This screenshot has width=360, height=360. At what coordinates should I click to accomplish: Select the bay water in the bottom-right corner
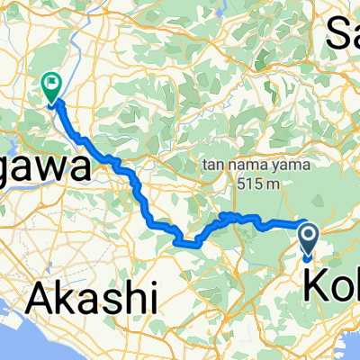point(346,346)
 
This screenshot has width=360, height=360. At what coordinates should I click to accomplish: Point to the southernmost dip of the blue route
point(191,242)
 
